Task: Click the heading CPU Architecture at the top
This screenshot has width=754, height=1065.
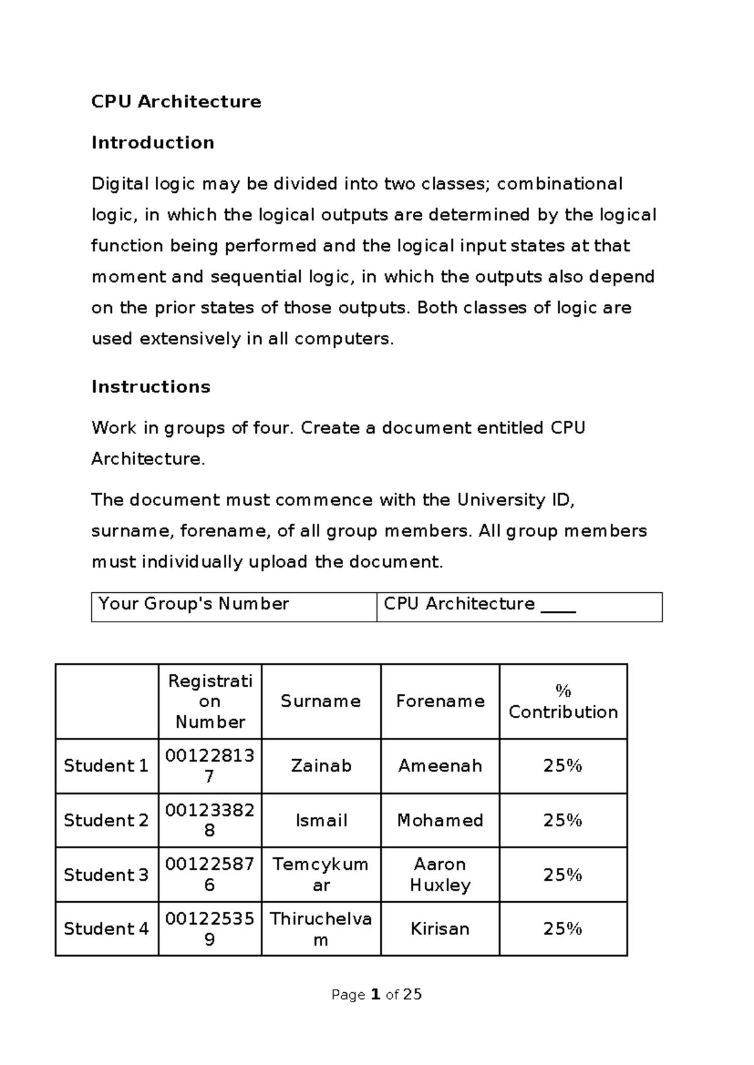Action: tap(176, 102)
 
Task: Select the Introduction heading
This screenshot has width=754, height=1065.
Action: tap(153, 143)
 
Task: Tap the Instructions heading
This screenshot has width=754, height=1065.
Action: tap(151, 387)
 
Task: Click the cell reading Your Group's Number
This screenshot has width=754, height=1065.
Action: tap(194, 604)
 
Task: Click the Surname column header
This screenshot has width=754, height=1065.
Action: tap(320, 701)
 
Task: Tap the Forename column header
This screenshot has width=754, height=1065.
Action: tap(440, 701)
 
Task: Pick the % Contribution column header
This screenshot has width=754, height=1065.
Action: tap(563, 702)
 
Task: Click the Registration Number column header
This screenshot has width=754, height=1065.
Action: tap(210, 701)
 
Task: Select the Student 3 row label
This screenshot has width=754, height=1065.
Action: tap(106, 875)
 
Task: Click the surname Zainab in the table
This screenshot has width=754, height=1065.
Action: tap(320, 766)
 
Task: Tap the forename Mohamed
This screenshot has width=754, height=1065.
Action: tap(440, 821)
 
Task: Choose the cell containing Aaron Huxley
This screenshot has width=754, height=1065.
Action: tap(440, 875)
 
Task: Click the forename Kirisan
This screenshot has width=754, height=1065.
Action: tap(440, 929)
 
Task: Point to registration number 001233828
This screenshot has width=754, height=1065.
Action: tap(210, 820)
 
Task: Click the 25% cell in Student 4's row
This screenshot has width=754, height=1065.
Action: tap(563, 929)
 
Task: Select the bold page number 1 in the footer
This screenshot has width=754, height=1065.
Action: tap(376, 995)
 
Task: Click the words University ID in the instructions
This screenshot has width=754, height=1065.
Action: tap(514, 500)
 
